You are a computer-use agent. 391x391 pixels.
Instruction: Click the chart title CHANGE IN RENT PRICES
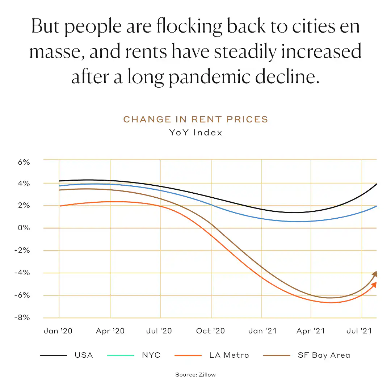[x=195, y=119]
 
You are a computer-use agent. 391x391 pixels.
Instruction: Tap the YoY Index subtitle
[x=195, y=133]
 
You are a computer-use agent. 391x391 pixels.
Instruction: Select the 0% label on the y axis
[x=24, y=228]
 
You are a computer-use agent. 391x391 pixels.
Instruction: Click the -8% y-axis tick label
[x=22, y=318]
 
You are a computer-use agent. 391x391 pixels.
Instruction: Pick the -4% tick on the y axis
[x=22, y=273]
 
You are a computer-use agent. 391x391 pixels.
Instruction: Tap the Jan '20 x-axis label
[x=58, y=331]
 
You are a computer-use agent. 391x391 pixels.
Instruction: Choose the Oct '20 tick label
[x=210, y=331]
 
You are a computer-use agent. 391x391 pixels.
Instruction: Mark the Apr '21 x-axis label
[x=310, y=331]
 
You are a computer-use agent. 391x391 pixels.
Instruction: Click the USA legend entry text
[x=84, y=355]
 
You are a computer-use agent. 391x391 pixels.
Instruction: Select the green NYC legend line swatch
[x=121, y=356]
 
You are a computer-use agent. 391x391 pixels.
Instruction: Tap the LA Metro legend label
[x=229, y=355]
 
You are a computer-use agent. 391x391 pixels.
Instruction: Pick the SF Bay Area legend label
[x=324, y=355]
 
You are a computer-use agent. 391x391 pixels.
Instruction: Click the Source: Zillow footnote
[x=195, y=375]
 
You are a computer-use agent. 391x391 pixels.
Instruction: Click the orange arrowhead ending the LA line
[x=374, y=285]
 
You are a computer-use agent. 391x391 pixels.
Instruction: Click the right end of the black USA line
[x=376, y=184]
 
